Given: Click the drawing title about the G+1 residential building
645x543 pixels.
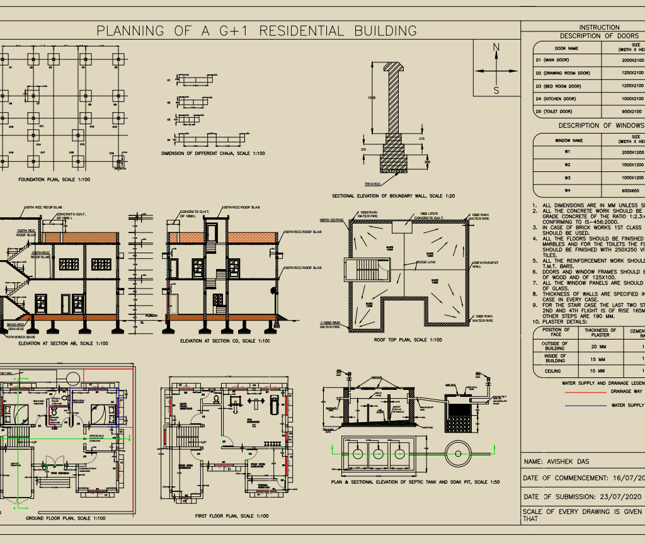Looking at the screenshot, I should pyautogui.click(x=256, y=31).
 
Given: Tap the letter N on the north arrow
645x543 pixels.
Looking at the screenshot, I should pyautogui.click(x=496, y=48).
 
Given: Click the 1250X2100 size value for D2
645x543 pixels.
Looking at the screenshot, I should pyautogui.click(x=632, y=73).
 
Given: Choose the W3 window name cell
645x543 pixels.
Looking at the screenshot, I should pyautogui.click(x=568, y=178).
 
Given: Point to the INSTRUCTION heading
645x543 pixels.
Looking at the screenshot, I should pyautogui.click(x=599, y=27).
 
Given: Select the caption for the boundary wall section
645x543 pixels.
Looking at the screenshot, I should pyautogui.click(x=393, y=197).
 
